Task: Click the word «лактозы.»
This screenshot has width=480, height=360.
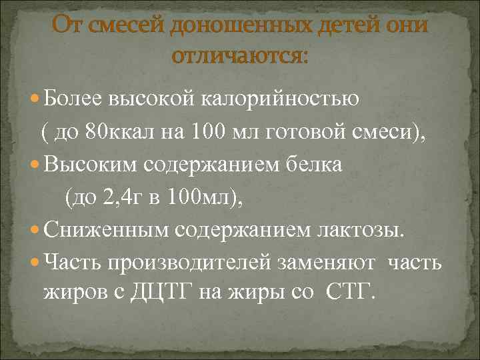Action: tap(360, 230)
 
